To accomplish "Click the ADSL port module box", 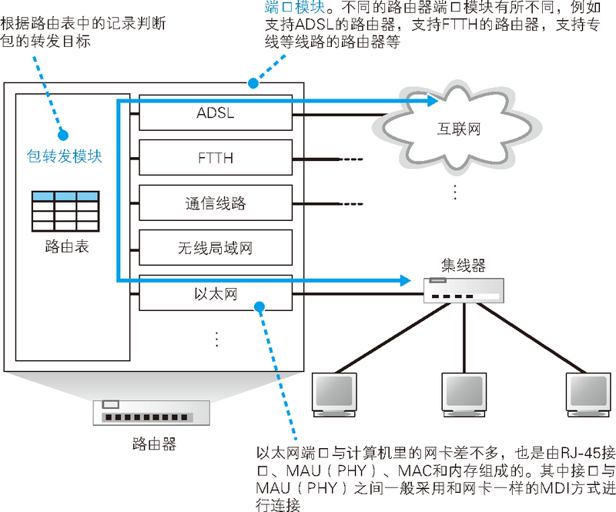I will pos(216,115).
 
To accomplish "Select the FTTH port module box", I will pos(216,159).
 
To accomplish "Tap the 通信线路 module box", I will pos(216,204).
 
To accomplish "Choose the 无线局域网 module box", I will pos(216,249).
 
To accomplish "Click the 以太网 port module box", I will pos(216,293).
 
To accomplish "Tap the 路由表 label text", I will pos(65,247).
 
